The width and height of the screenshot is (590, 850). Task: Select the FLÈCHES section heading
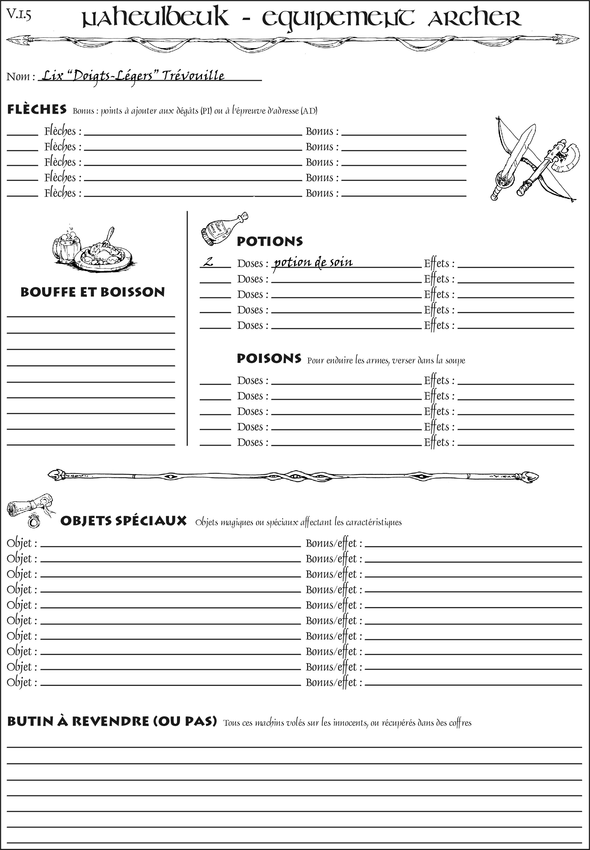click(x=37, y=109)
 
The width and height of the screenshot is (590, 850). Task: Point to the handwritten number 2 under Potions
click(x=209, y=262)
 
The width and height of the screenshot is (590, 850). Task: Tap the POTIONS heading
click(x=269, y=241)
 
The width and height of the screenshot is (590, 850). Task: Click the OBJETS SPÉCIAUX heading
click(x=123, y=521)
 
